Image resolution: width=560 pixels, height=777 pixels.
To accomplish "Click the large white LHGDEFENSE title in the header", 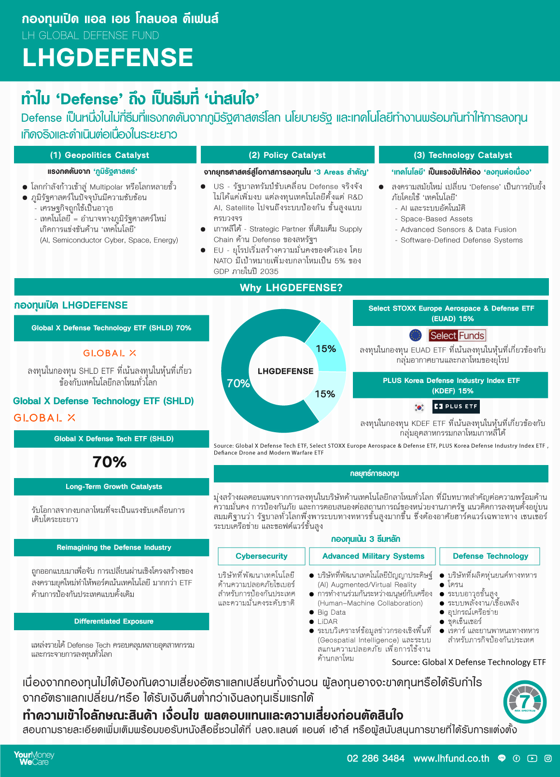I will [108, 57].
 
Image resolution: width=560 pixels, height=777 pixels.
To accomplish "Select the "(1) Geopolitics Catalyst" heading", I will [99, 155].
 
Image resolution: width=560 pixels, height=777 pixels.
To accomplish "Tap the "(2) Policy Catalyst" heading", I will [287, 155].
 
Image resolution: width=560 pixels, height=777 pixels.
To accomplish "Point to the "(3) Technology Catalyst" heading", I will [463, 155].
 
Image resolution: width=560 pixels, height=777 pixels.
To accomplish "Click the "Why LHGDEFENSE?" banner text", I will [291, 288].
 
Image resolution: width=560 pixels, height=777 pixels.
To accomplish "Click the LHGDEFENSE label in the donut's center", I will [285, 371].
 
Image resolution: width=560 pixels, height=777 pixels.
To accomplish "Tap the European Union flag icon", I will [415, 335].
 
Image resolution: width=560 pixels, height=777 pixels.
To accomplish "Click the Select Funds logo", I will [457, 335].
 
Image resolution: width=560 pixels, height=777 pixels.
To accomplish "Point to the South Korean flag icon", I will [420, 407].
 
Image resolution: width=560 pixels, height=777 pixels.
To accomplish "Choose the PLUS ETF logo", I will [456, 407].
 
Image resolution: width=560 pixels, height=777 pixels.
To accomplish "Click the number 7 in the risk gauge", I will [525, 702].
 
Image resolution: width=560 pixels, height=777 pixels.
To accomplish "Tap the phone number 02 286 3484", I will [376, 758].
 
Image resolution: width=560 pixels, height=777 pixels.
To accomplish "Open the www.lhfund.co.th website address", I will [451, 758].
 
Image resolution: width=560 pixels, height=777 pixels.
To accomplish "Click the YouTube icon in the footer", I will [532, 758].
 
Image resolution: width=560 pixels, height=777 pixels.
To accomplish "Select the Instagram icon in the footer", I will [548, 758].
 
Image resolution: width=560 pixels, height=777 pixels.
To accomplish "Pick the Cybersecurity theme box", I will [262, 556].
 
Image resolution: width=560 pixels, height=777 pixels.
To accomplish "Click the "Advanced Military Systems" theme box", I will [373, 556].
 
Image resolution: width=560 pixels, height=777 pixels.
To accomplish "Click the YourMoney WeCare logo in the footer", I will [33, 758].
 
